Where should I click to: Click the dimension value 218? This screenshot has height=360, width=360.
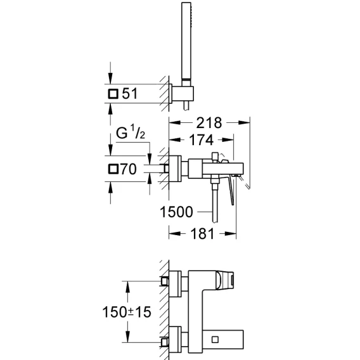coord(209,123)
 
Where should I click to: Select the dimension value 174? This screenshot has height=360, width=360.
coord(202,140)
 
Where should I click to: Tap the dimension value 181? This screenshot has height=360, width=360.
coord(202,234)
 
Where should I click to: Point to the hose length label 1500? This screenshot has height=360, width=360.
coord(176,212)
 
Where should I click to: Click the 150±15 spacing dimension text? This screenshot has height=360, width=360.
coord(127,312)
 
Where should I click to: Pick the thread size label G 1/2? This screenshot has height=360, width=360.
coord(131,132)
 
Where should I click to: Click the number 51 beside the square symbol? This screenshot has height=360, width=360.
coord(130,93)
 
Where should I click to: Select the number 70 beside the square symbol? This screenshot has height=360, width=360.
coord(129,169)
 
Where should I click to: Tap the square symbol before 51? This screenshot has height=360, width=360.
coord(113,94)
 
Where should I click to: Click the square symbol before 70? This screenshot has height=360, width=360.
coord(113,169)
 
